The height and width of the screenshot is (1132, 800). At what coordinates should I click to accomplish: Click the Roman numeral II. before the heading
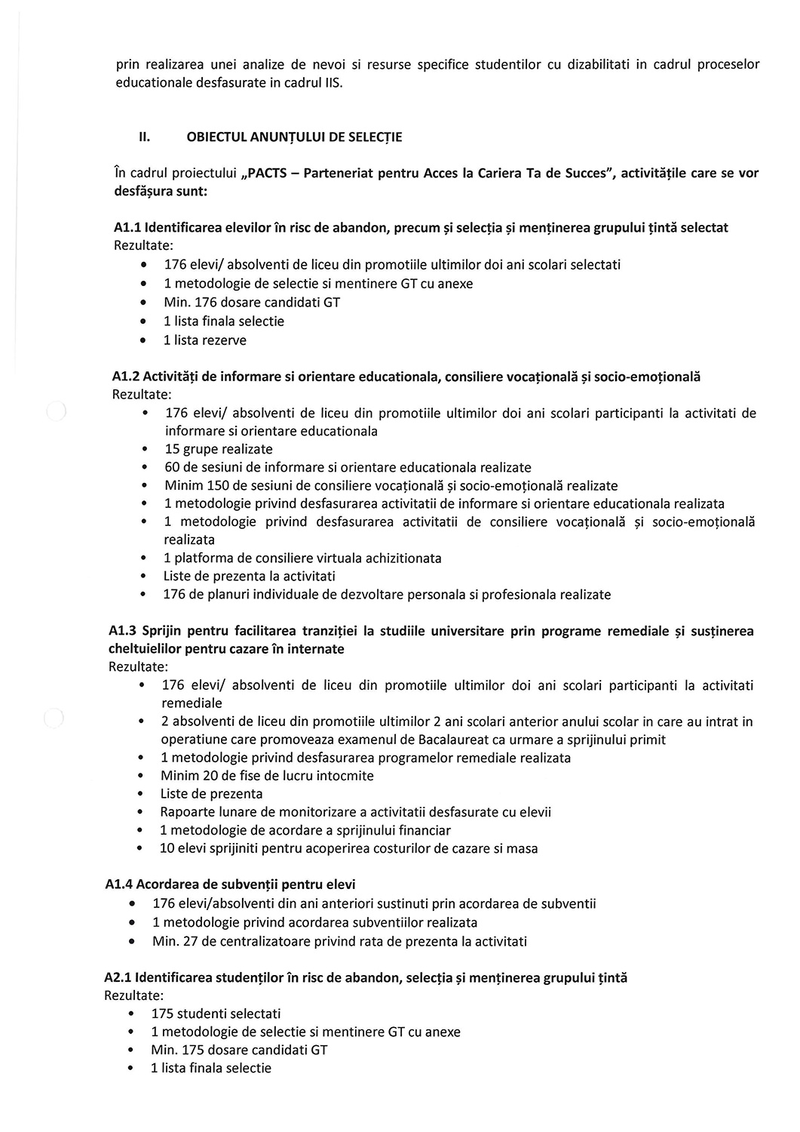tap(144, 137)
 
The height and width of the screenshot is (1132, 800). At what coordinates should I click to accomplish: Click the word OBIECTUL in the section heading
tap(216, 137)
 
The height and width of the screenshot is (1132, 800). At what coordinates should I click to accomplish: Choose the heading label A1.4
tap(119, 884)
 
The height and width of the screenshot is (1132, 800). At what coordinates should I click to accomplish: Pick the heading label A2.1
tap(118, 977)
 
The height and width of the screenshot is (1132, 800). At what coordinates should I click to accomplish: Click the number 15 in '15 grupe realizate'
tap(172, 449)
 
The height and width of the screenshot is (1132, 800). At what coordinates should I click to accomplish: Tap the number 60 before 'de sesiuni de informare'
tap(172, 467)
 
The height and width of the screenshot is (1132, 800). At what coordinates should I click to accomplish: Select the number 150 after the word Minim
tap(219, 485)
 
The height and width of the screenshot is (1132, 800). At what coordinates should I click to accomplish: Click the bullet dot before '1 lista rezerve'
tap(143, 340)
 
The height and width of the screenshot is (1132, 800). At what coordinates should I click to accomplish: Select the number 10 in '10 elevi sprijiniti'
tap(167, 848)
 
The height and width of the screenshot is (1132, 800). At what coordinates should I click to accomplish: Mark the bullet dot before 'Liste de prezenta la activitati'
tap(143, 577)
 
